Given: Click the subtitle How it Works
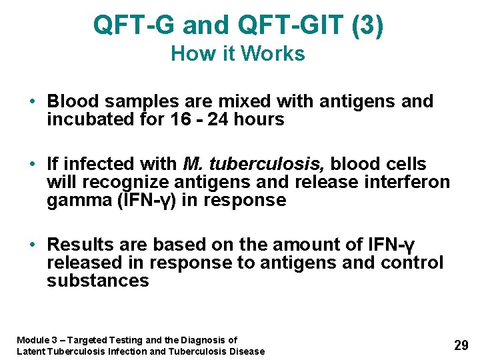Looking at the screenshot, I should (x=238, y=53).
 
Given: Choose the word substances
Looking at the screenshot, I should (x=98, y=281).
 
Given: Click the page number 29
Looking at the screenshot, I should (x=461, y=345).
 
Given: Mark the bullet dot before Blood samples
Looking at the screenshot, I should (x=32, y=102).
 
